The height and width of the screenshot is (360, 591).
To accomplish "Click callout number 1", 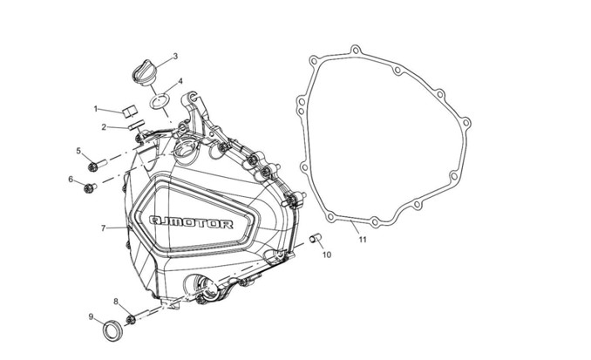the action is click(x=96, y=109).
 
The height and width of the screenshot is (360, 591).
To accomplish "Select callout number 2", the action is click(x=104, y=127).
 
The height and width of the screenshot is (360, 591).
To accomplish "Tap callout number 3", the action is click(x=175, y=57).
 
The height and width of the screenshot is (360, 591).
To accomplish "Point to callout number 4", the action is click(x=180, y=81).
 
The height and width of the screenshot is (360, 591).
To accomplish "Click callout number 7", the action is click(x=103, y=228).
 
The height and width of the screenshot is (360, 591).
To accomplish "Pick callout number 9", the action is click(x=91, y=316).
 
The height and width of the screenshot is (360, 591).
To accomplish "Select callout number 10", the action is click(x=327, y=255).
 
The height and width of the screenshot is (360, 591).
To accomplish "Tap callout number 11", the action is click(x=363, y=240).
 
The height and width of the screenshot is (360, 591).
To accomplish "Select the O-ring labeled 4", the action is click(x=160, y=102).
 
